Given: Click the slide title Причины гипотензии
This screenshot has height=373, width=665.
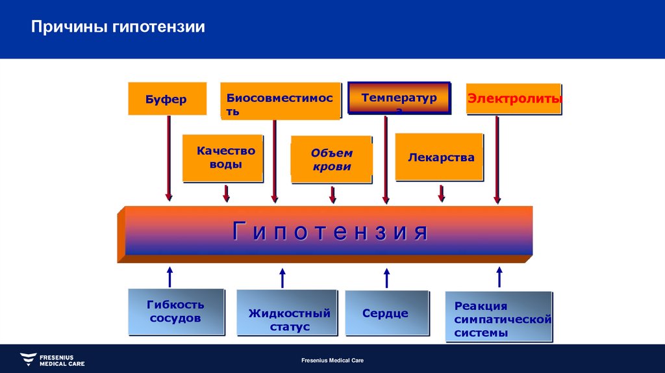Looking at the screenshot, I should point(119,27).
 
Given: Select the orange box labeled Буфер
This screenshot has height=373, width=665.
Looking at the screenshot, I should point(167,99).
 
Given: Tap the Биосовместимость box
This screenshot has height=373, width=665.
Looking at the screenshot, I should point(280,101).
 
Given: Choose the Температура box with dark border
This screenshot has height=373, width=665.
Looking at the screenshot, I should point(399,99).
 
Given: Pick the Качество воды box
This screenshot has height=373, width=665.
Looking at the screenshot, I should point(223,158).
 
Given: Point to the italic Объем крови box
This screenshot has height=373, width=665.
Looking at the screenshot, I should point(331,160).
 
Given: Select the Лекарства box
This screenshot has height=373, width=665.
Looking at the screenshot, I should point(440,157).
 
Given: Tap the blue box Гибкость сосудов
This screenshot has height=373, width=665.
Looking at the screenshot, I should point(175,311).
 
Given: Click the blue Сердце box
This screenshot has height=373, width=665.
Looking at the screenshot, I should point(386,313).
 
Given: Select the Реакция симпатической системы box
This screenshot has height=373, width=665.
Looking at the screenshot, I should point(499,317).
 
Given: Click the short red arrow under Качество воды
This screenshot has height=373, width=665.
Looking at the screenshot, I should point(226,193).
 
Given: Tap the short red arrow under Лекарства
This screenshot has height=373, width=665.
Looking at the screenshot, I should point(442,193).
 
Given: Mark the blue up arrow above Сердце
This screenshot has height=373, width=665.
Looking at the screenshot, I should point(386,277).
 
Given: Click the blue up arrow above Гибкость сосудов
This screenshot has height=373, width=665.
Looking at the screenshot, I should point(170,276).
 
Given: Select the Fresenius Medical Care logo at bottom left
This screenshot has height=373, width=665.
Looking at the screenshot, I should point(52,359).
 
